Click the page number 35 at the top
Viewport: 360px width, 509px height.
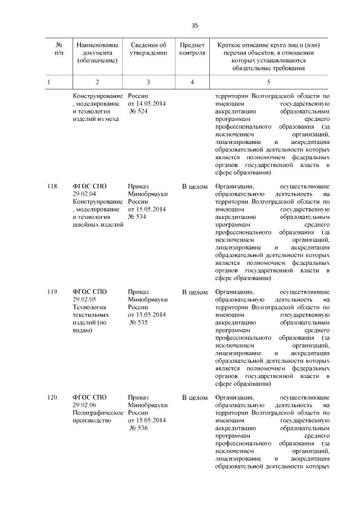(x=195, y=25)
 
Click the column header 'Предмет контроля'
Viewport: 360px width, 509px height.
(x=192, y=49)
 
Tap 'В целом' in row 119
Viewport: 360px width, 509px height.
(x=195, y=292)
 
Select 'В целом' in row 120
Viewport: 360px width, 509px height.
(x=195, y=398)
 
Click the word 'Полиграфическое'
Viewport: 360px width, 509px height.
(x=98, y=413)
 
